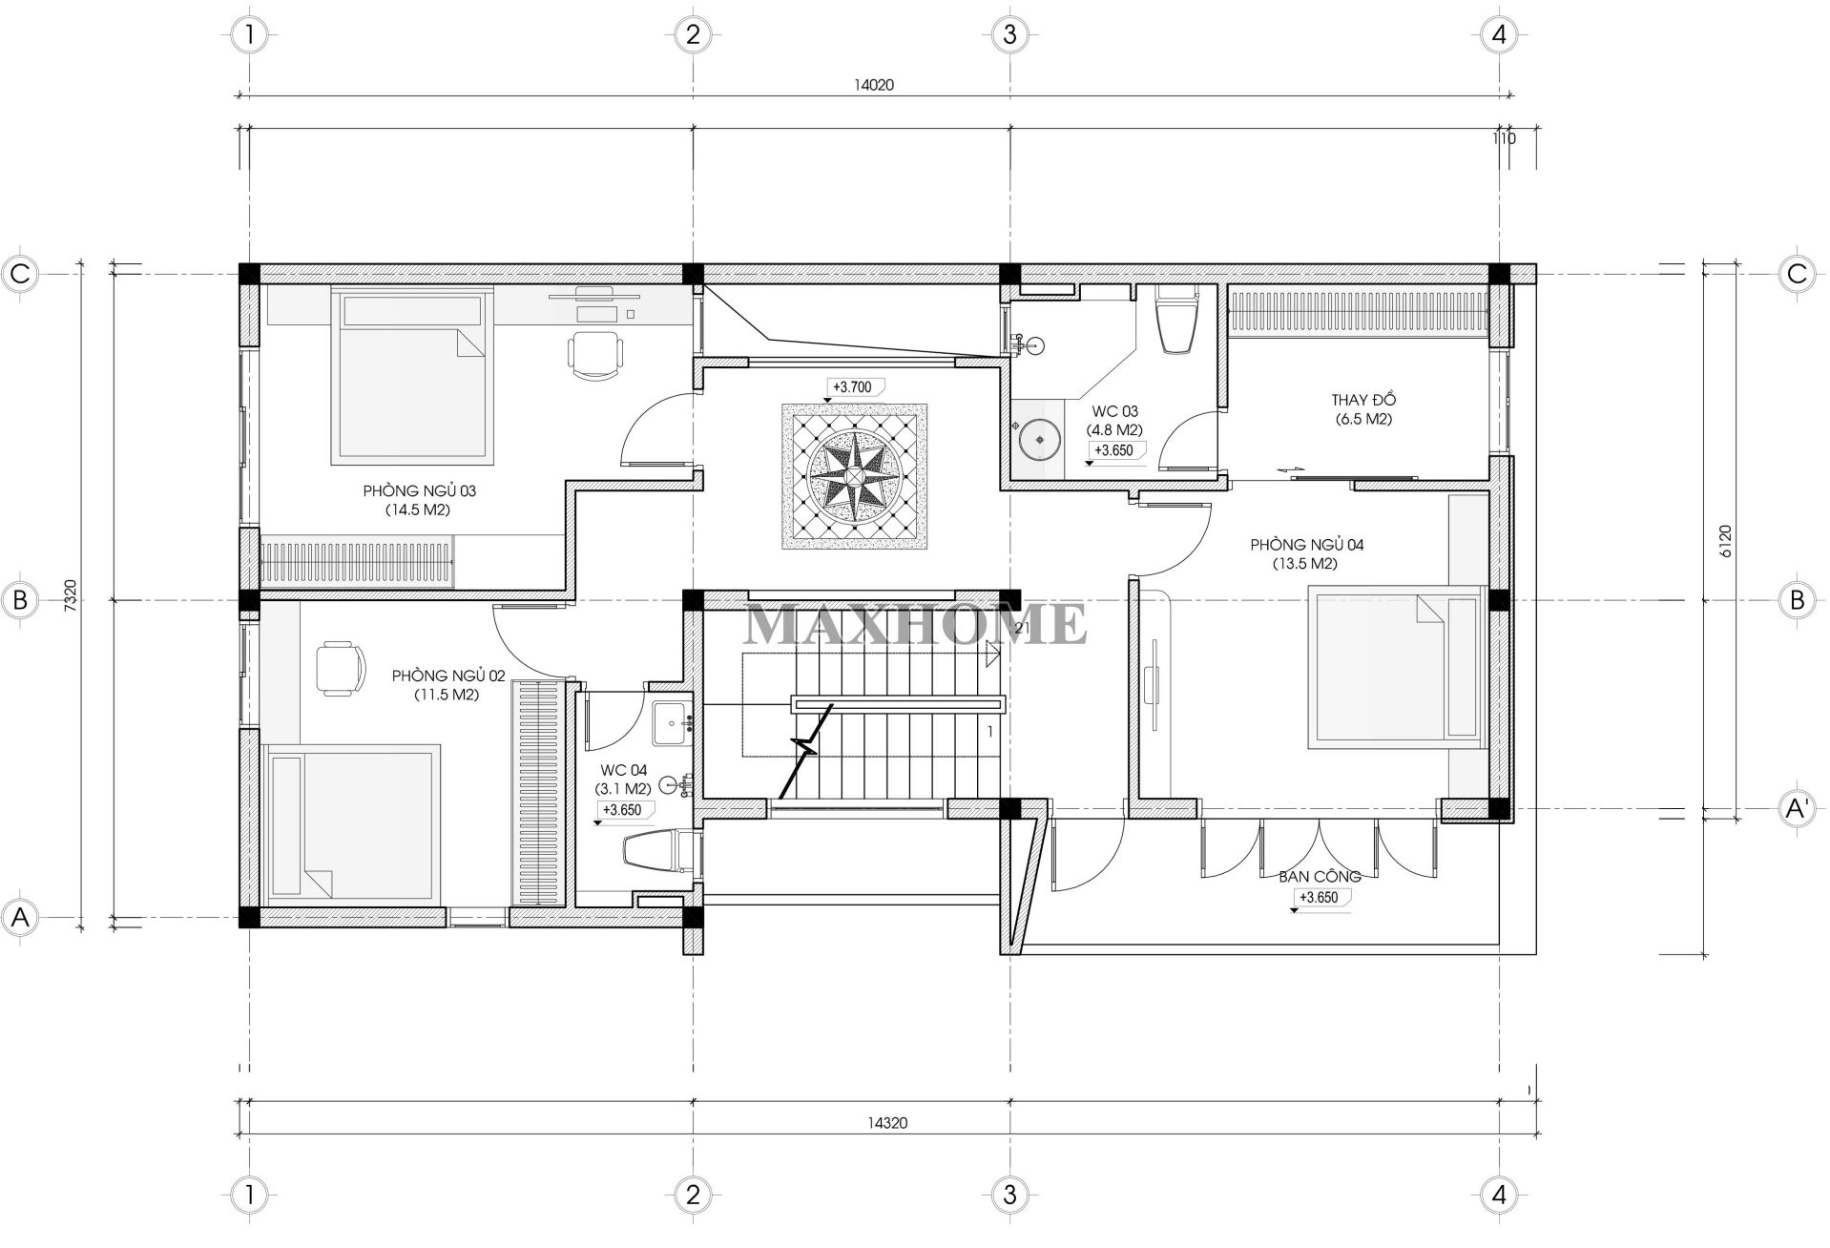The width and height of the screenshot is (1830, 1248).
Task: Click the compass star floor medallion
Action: click(x=854, y=476)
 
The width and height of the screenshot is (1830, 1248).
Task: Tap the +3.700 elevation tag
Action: click(x=854, y=387)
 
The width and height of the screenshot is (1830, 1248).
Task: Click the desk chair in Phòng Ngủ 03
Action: click(x=596, y=350)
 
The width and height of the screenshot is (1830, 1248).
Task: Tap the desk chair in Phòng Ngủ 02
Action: click(x=341, y=668)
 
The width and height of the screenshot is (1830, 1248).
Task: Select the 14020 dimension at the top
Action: click(x=873, y=84)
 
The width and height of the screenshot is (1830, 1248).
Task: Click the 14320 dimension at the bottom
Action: click(x=887, y=1123)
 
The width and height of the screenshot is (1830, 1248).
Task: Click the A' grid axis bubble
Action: click(x=1797, y=809)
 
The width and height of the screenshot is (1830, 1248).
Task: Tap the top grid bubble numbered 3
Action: click(x=1009, y=35)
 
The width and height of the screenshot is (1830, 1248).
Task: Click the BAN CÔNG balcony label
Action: click(x=1320, y=876)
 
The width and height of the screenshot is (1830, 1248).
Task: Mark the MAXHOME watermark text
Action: click(x=915, y=623)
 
